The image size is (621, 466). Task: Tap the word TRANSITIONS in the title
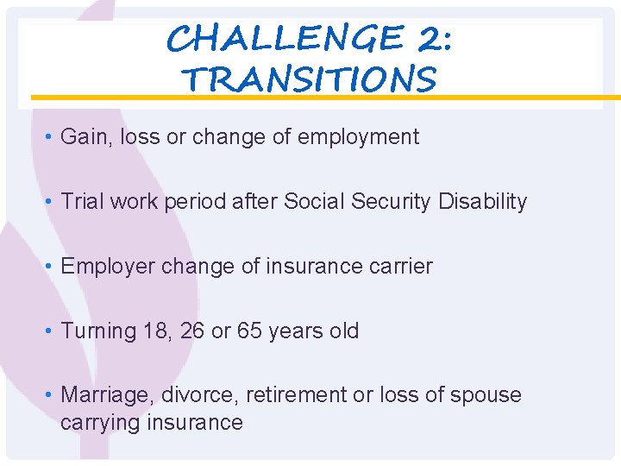pyautogui.click(x=310, y=80)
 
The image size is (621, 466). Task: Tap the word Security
pyautogui.click(x=388, y=202)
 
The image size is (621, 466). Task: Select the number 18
pyautogui.click(x=160, y=331)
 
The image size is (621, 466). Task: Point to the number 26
pyautogui.click(x=194, y=331)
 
